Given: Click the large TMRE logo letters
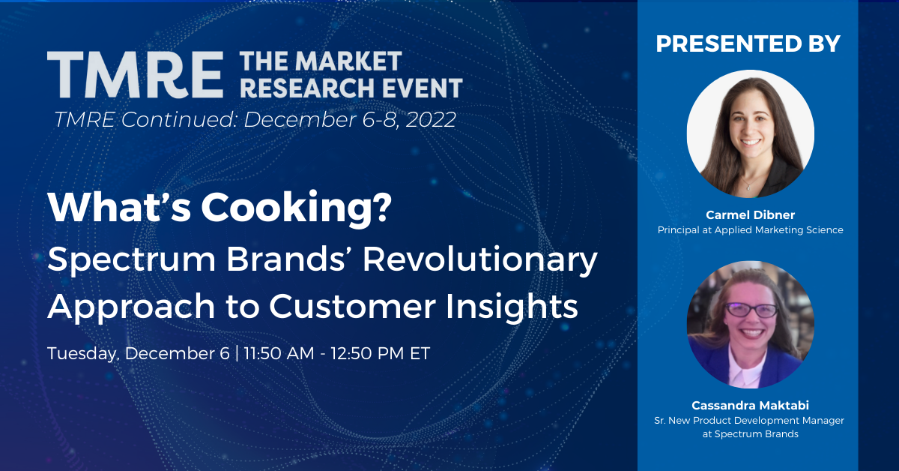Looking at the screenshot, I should [135, 76].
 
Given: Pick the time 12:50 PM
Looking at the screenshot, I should [378, 353].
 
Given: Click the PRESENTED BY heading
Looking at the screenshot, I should [748, 43].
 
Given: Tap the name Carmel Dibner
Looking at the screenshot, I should [750, 215].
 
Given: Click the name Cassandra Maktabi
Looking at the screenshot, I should [750, 406].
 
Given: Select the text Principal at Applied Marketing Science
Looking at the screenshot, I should [750, 230].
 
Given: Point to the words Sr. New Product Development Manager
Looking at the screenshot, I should [750, 421].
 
